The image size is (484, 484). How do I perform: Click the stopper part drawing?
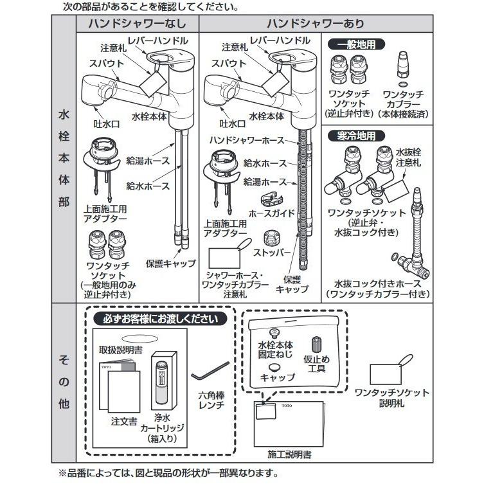click(x=273, y=238)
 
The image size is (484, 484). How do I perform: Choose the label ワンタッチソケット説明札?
click(x=391, y=397)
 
